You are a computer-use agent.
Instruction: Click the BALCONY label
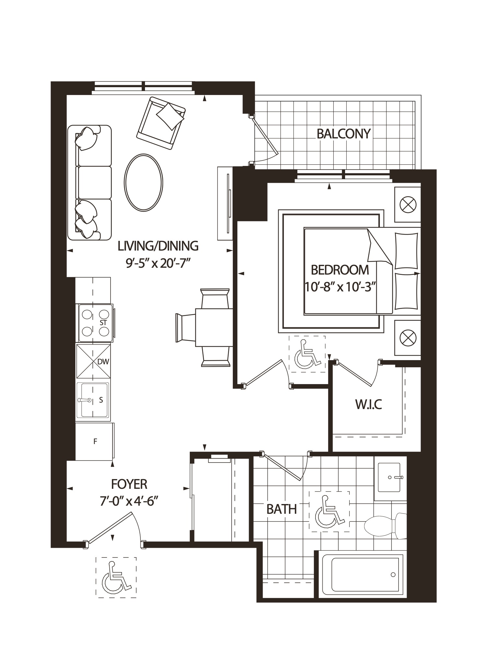coord(343,134)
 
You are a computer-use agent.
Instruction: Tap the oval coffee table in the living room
coord(143,182)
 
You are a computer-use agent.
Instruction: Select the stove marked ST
coord(94,323)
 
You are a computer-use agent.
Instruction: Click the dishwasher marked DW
coord(93,361)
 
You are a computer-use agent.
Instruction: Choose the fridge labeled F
coord(94,441)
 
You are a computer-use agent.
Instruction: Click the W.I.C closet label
coord(368,404)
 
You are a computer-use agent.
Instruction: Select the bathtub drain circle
coord(393,575)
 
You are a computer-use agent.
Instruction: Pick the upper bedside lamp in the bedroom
coord(407,205)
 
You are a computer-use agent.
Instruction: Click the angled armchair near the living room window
coord(161,123)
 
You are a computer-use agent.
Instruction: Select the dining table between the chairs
coord(214,327)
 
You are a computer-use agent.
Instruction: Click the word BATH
coord(281,509)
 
